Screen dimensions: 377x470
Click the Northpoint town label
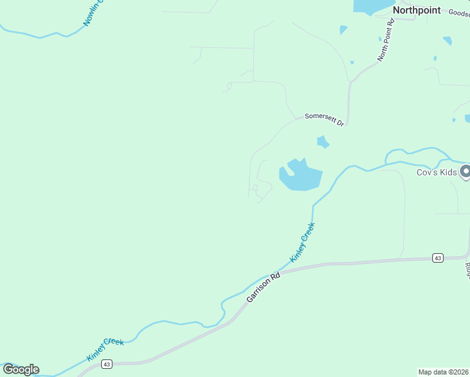tap(417, 11)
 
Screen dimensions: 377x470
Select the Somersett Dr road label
tap(324, 119)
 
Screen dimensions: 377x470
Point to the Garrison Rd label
tap(263, 287)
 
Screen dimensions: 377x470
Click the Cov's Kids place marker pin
tap(466, 171)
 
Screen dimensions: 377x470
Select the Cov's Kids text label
tap(437, 172)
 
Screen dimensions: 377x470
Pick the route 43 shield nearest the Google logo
tap(106, 364)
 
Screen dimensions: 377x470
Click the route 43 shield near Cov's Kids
tap(437, 258)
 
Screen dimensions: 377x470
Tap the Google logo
tap(21, 369)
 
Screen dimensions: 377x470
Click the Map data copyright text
tap(444, 371)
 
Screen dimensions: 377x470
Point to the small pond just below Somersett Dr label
tap(323, 142)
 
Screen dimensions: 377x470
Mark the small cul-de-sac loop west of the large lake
tap(254, 187)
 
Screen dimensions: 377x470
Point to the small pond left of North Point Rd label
tap(343, 30)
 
